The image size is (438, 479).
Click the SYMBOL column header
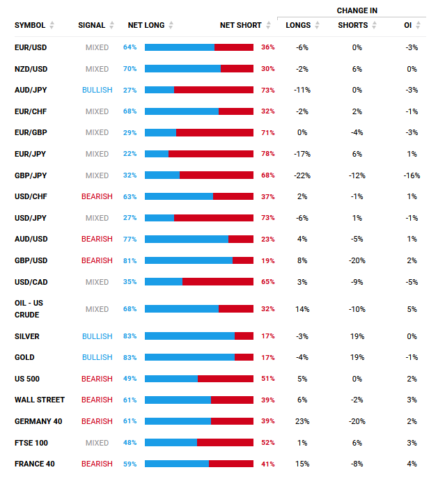pyautogui.click(x=29, y=25)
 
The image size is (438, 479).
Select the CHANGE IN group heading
pyautogui.click(x=357, y=10)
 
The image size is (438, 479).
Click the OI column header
pyautogui.click(x=407, y=25)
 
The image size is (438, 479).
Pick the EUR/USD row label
pyautogui.click(x=31, y=47)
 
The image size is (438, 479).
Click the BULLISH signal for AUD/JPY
pyautogui.click(x=97, y=91)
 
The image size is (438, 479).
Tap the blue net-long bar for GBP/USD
pyautogui.click(x=188, y=260)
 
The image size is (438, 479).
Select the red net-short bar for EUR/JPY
pyautogui.click(x=211, y=154)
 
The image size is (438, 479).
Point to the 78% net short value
pyautogui.click(x=268, y=154)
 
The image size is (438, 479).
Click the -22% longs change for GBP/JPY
pyautogui.click(x=302, y=175)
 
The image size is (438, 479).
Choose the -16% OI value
pyautogui.click(x=412, y=175)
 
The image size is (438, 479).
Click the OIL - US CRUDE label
pyautogui.click(x=29, y=309)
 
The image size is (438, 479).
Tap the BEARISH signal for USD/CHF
pyautogui.click(x=97, y=196)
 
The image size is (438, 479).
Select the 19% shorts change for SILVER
pyautogui.click(x=357, y=336)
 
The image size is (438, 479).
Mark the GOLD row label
pyautogui.click(x=24, y=357)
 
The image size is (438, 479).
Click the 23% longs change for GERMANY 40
pyautogui.click(x=302, y=421)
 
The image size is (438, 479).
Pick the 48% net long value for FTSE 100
pyautogui.click(x=130, y=443)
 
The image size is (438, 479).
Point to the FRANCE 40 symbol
pyautogui.click(x=35, y=464)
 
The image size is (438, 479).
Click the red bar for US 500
pyautogui.click(x=225, y=379)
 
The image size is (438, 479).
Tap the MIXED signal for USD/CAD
pyautogui.click(x=97, y=282)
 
